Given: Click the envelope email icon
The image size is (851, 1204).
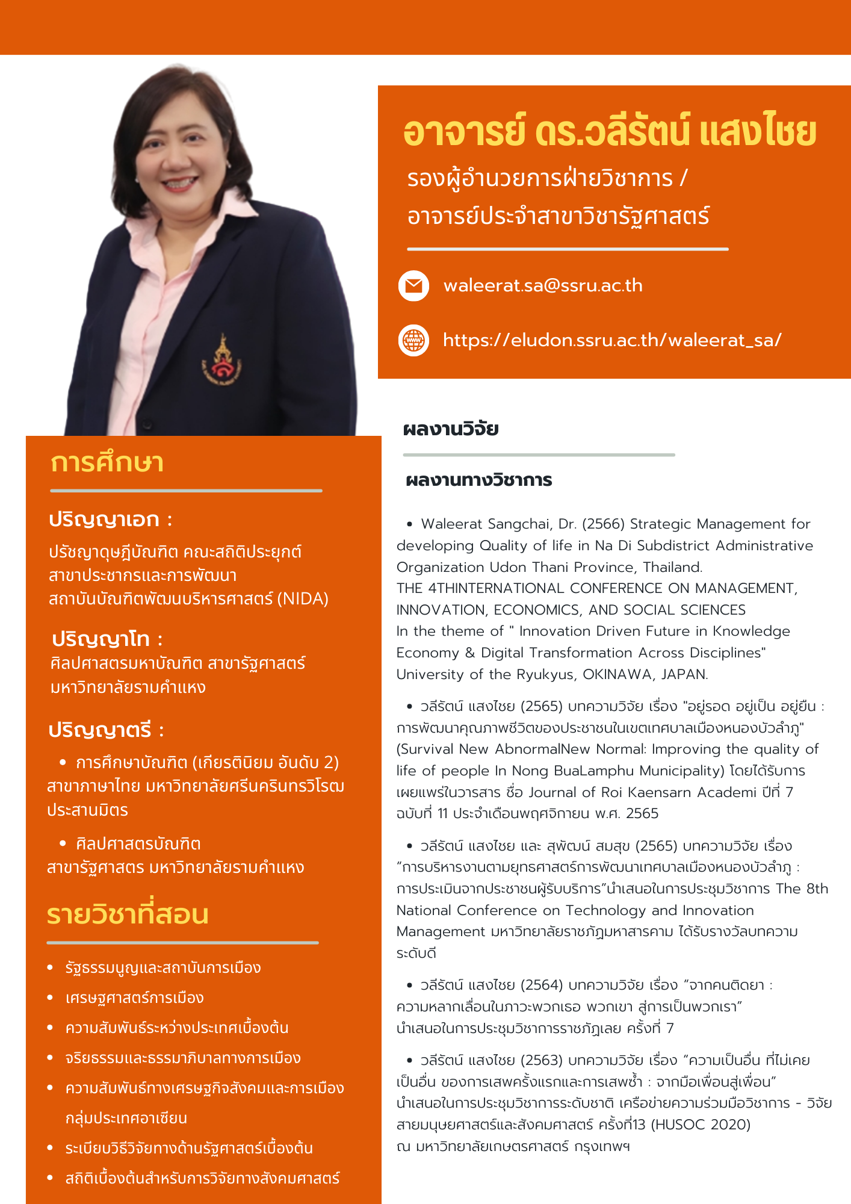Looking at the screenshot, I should (x=413, y=286).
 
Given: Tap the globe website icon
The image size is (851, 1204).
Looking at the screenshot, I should (x=413, y=341).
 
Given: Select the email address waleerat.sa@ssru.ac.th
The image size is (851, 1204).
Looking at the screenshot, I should (x=543, y=285).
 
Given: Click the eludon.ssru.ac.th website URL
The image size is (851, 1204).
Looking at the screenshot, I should (x=612, y=340).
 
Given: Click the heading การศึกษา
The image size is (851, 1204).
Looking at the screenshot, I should (x=107, y=464).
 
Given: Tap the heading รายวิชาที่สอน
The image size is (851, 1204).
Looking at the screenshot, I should (x=128, y=914).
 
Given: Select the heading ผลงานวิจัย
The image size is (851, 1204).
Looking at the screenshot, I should (x=451, y=429).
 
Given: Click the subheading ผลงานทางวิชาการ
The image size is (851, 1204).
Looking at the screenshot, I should (x=479, y=480).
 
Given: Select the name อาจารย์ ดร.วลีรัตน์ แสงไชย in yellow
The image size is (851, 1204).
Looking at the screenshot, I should (x=610, y=132).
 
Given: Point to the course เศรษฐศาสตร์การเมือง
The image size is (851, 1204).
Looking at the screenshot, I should (x=135, y=998).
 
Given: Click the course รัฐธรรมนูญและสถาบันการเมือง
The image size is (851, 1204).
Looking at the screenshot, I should (x=163, y=967).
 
